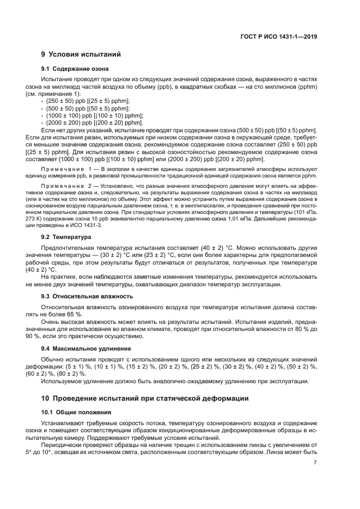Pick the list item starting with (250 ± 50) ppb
tap(88, 101)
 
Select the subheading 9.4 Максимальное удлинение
tap(86, 348)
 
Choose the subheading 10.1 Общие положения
tap(76, 412)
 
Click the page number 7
tap(315, 463)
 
